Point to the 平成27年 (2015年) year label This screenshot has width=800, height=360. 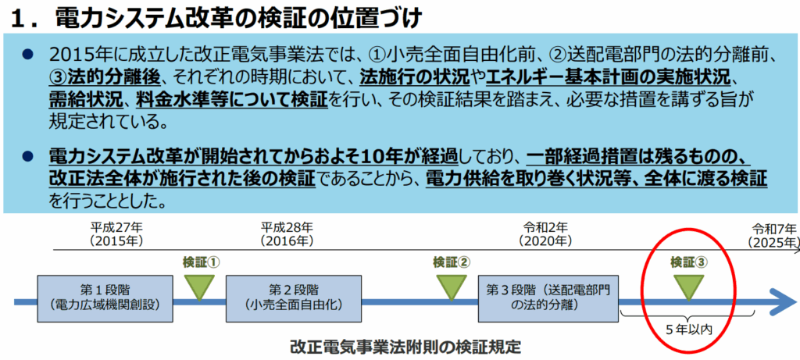[117, 233]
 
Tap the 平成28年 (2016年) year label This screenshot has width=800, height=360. [286, 233]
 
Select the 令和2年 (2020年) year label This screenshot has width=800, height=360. [545, 233]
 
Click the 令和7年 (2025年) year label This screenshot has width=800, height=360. [773, 234]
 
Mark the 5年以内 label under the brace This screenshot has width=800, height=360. [689, 330]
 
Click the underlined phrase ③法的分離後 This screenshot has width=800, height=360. [105, 77]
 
